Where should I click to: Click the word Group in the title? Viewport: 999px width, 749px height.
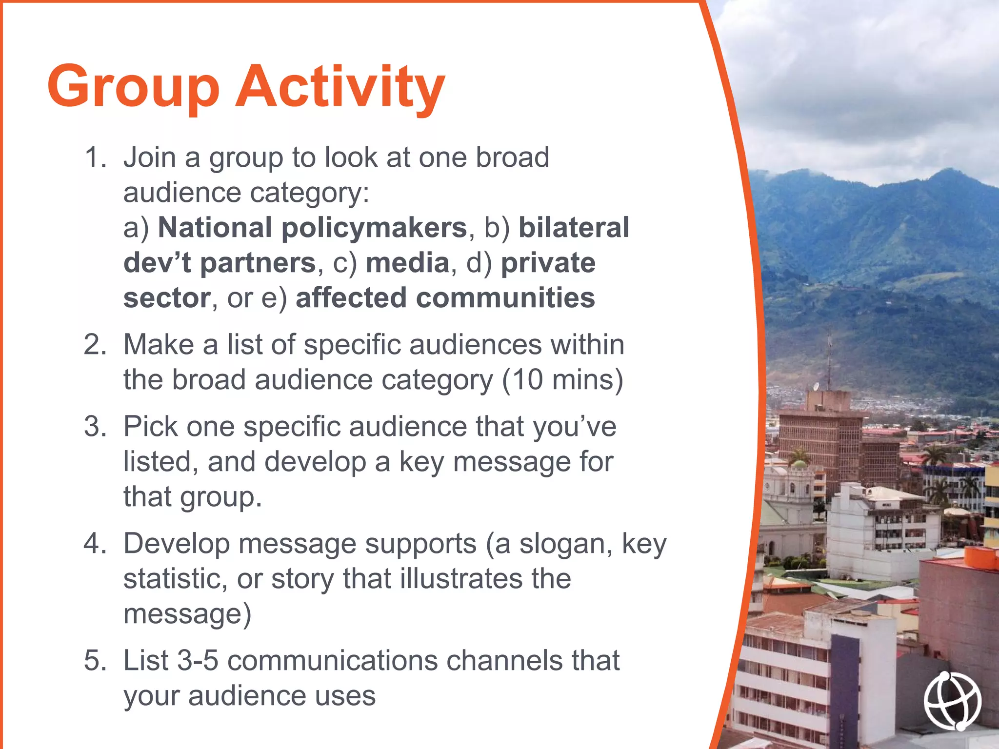pyautogui.click(x=133, y=87)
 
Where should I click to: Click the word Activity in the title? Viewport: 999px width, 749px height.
pyautogui.click(x=340, y=87)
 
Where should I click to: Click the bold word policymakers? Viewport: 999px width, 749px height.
pyautogui.click(x=374, y=228)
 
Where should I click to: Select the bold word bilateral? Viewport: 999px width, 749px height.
pyautogui.click(x=574, y=228)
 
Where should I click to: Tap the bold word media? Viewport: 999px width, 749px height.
pyautogui.click(x=407, y=263)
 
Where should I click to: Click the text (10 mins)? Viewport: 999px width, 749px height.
pyautogui.click(x=562, y=380)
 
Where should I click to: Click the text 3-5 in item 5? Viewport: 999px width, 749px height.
pyautogui.click(x=198, y=661)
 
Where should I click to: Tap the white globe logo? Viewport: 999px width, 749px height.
pyautogui.click(x=952, y=701)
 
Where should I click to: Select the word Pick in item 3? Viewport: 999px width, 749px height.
pyautogui.click(x=151, y=427)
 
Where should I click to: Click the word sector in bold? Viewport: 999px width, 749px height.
pyautogui.click(x=166, y=298)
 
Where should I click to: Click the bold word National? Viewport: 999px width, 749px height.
pyautogui.click(x=215, y=228)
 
